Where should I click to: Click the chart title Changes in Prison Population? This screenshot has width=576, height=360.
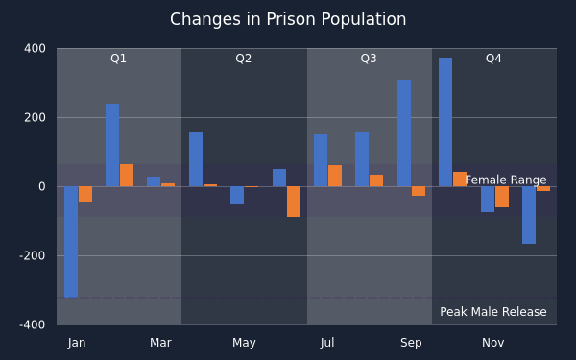[x=288, y=19]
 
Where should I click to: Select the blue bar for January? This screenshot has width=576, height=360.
[x=71, y=242]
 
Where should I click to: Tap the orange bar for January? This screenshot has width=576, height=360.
[x=85, y=194]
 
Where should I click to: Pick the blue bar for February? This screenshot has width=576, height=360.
[x=112, y=145]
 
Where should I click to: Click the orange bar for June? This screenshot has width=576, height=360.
[x=294, y=202]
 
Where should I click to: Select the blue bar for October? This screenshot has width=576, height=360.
[x=445, y=122]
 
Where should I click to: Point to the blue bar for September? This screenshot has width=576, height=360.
[x=404, y=133]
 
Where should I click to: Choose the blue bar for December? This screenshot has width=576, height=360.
[x=529, y=215]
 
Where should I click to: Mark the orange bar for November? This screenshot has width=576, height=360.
[x=502, y=197]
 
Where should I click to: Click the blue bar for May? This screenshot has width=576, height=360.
[x=237, y=196]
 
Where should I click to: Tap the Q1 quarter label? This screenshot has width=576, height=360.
[x=118, y=59]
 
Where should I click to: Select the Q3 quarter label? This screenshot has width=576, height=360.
[x=369, y=59]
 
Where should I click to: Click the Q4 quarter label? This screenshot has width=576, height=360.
[x=493, y=59]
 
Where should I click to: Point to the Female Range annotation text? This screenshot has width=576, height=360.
[x=506, y=180]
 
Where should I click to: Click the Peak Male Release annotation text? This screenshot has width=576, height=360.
[x=493, y=312]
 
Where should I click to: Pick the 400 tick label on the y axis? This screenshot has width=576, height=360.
[x=35, y=49]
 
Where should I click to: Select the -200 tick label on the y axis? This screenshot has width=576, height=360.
[x=33, y=255]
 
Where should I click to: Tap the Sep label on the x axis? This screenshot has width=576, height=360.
[x=411, y=343]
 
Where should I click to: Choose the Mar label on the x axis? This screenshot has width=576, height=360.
[x=160, y=343]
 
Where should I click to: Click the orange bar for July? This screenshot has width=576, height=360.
[x=335, y=176]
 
